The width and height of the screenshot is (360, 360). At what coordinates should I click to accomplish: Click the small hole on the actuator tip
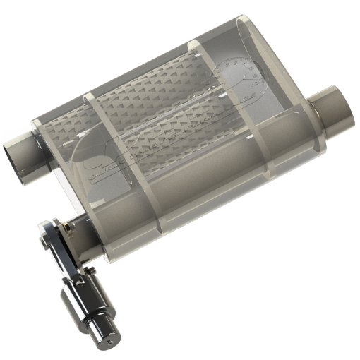coord(112,342)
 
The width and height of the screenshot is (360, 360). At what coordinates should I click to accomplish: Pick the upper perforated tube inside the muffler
coord(169,92)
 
